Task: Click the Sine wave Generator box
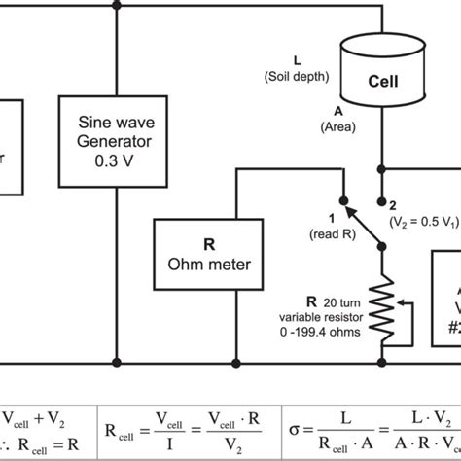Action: click(x=117, y=141)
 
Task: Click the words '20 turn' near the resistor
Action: click(x=329, y=301)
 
